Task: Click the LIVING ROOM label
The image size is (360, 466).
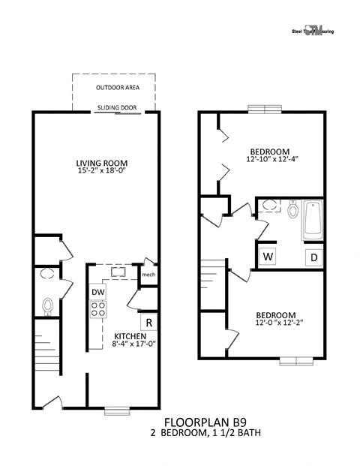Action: point(102,163)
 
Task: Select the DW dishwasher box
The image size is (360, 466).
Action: point(98,292)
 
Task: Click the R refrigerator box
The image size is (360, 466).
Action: point(149,323)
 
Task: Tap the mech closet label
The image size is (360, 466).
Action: point(148,275)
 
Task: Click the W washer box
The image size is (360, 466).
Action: point(267,257)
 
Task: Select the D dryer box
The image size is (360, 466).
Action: point(313,258)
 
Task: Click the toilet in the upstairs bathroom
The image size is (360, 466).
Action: point(292,209)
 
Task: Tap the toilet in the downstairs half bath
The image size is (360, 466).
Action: point(49,305)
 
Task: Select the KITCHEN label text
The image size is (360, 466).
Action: point(130,336)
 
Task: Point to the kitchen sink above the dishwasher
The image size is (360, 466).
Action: point(118,272)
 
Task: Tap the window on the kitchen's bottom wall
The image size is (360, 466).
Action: point(118,410)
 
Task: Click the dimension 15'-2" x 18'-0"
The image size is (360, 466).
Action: point(102,172)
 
